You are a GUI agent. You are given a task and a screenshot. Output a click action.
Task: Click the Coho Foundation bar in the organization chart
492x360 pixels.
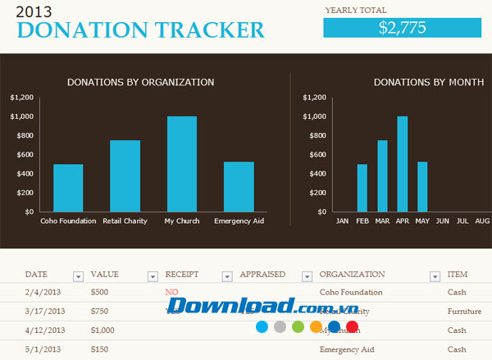[x=68, y=188]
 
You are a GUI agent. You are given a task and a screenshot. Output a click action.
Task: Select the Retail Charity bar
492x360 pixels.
[x=125, y=175]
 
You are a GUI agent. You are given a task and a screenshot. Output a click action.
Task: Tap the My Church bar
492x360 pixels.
[x=182, y=164]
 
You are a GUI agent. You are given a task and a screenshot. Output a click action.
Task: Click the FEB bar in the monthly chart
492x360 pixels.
[x=362, y=188]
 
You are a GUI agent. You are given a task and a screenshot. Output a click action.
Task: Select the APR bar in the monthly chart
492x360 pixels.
[x=402, y=164]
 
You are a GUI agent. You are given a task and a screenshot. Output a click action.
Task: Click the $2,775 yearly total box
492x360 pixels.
[x=402, y=27]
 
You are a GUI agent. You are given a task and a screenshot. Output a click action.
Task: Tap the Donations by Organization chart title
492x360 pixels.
[x=141, y=82]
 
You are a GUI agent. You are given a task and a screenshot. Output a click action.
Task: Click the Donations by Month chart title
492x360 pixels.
[x=427, y=82]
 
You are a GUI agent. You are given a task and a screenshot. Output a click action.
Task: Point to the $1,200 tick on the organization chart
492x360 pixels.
[x=22, y=98]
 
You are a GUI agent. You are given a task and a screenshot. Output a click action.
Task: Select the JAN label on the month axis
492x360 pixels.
[x=342, y=221]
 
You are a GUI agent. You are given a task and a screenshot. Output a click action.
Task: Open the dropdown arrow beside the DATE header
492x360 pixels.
[x=78, y=276]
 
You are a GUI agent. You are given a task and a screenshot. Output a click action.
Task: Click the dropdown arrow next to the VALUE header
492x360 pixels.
[x=153, y=276]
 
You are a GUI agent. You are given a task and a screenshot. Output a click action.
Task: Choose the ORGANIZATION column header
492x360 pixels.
[x=352, y=274]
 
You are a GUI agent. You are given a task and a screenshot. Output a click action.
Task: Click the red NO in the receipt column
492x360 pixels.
[x=171, y=292]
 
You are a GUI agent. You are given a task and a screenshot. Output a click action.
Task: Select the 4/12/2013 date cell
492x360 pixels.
[x=43, y=330]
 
